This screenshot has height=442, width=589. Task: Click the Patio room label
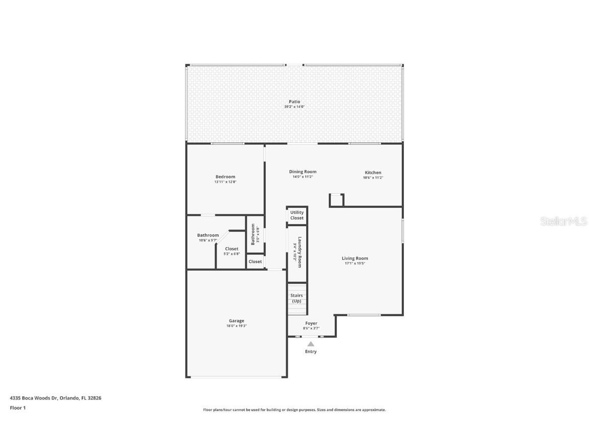coord(294,102)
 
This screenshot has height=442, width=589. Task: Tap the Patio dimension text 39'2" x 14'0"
coord(294,107)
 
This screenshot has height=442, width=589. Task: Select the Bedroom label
coord(225,176)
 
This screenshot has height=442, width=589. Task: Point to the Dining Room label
coord(303,172)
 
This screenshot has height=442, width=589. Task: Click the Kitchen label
coord(373,172)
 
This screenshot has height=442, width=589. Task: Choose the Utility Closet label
coord(297,215)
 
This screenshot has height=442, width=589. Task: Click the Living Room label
coord(355,258)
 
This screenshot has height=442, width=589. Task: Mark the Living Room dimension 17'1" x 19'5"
coord(355,264)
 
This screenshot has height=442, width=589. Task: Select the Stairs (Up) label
coord(297,298)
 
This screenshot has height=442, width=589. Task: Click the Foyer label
coord(311,323)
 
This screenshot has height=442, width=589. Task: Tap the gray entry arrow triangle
coord(311,344)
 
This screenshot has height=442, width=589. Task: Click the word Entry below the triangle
coord(311,351)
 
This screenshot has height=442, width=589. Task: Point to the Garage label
coord(236,321)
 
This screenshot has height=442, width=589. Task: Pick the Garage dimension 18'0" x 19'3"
coord(236,326)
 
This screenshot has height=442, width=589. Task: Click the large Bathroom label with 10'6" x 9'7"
coord(208,235)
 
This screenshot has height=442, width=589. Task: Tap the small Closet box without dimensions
coord(255,261)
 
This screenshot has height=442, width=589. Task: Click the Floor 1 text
coord(18,408)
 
